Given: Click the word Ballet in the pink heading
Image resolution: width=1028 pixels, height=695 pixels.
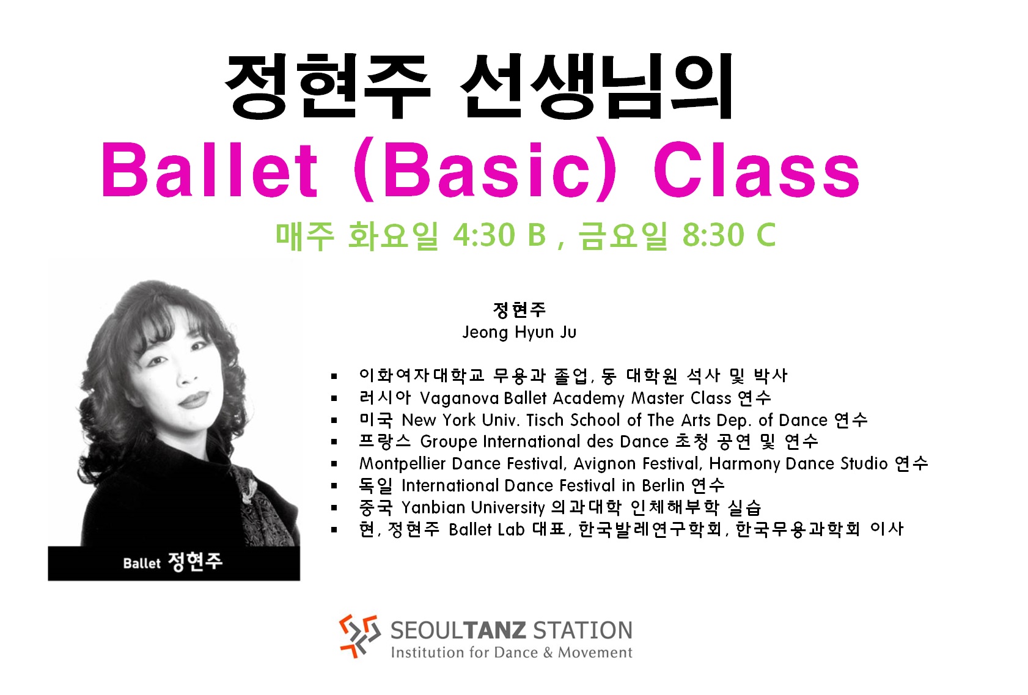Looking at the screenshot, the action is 209,170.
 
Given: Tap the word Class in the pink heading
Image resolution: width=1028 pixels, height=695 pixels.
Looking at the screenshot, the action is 756,170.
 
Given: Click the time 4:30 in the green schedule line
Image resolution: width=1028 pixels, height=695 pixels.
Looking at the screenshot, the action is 484,235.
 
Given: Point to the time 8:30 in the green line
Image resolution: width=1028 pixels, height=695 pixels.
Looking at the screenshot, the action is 713,235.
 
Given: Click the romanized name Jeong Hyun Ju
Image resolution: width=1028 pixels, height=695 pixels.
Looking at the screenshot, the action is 519,333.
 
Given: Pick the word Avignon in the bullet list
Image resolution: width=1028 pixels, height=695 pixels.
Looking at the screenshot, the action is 604,464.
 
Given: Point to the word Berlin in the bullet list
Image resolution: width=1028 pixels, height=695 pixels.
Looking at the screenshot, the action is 663,485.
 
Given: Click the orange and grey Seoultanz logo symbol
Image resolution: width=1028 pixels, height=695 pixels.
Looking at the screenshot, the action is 360,635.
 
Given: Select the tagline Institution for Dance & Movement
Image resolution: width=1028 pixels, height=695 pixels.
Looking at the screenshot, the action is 511,652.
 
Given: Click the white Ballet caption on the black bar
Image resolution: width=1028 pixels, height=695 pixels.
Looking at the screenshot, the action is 142,563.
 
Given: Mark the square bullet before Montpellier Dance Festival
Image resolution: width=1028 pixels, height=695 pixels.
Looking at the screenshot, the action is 334,464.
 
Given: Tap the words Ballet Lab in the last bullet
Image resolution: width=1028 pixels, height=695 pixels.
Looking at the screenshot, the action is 486,529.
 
